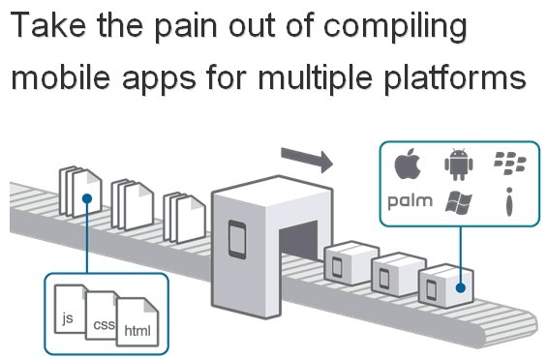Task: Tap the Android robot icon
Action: pyautogui.click(x=458, y=164)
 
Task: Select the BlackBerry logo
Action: pyautogui.click(x=510, y=163)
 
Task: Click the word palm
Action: pyautogui.click(x=410, y=201)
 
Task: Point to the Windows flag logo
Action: pyautogui.click(x=458, y=202)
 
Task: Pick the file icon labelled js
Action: pyautogui.click(x=70, y=309)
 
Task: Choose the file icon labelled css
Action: pyautogui.click(x=101, y=315)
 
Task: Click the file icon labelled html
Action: pyautogui.click(x=137, y=321)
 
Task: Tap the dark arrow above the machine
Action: pyautogui.click(x=307, y=160)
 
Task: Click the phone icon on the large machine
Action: pyautogui.click(x=237, y=240)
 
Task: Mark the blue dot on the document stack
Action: pyautogui.click(x=87, y=198)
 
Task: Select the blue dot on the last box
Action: pyautogui.click(x=461, y=287)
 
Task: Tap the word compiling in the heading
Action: pyautogui.click(x=395, y=26)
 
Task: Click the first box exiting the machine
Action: pyautogui.click(x=351, y=262)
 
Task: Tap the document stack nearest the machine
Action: pyautogui.click(x=184, y=217)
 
